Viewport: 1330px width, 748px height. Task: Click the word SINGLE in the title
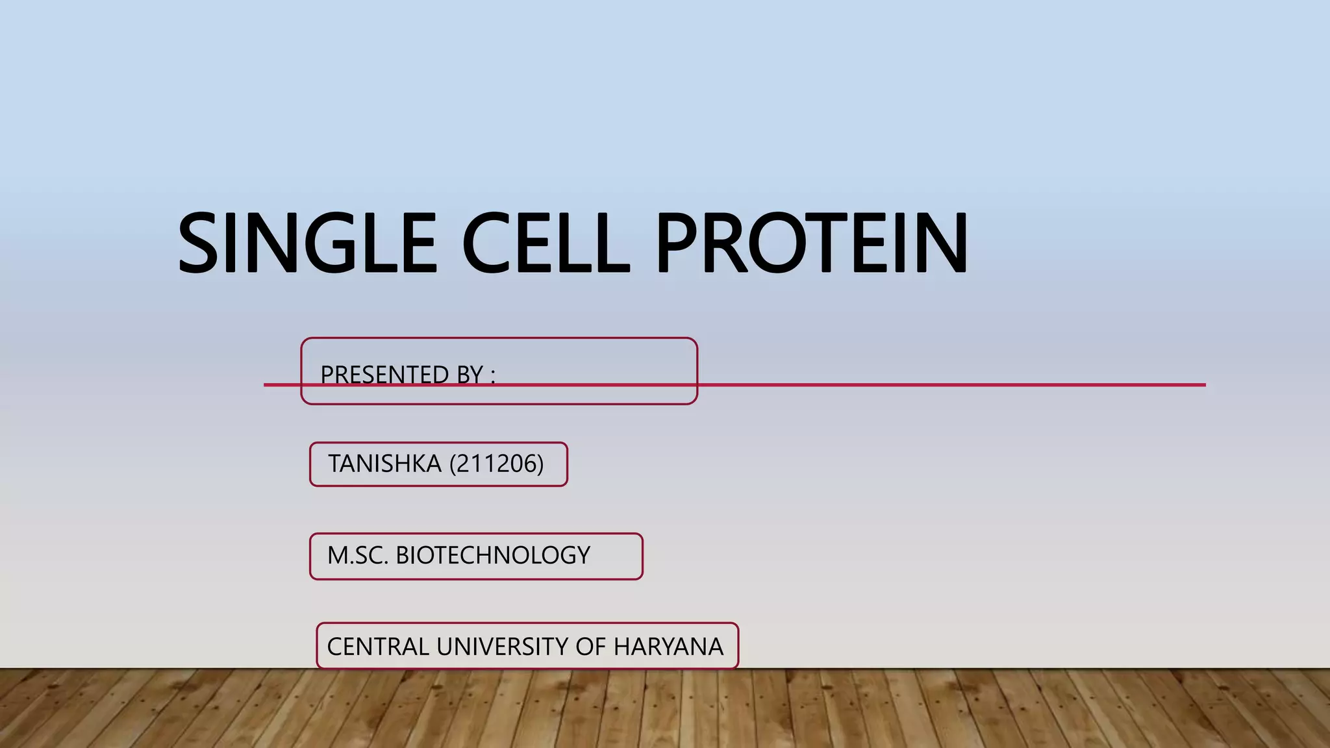(307, 243)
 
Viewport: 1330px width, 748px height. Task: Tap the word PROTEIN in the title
(812, 243)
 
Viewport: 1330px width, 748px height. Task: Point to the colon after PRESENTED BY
(493, 377)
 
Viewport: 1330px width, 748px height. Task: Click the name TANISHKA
(384, 464)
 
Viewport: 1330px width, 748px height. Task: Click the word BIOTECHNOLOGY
(493, 555)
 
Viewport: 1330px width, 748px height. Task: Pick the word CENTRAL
(378, 647)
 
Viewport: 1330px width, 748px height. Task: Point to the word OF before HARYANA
(590, 647)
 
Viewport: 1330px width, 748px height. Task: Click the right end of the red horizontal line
(1203, 385)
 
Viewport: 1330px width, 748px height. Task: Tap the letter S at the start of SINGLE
(198, 243)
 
